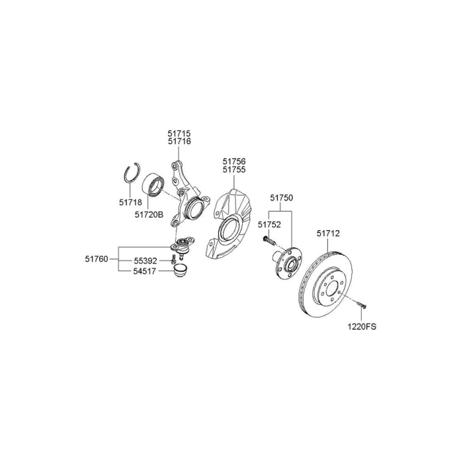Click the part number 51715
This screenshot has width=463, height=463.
(179, 134)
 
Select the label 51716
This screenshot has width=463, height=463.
(179, 142)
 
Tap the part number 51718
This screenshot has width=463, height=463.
(130, 202)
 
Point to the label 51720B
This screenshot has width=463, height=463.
(149, 215)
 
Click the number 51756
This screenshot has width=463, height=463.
(234, 161)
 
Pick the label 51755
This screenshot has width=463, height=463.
(234, 170)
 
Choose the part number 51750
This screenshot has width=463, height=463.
(281, 198)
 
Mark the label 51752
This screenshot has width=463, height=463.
(269, 225)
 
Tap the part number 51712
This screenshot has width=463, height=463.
(328, 233)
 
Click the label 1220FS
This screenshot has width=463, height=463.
(362, 327)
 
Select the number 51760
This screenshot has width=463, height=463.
(97, 259)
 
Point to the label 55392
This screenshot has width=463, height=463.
(146, 261)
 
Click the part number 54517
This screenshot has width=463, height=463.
(144, 271)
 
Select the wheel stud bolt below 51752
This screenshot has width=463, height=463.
(269, 240)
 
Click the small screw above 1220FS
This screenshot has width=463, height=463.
(361, 304)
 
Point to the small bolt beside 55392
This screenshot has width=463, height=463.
(173, 260)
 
